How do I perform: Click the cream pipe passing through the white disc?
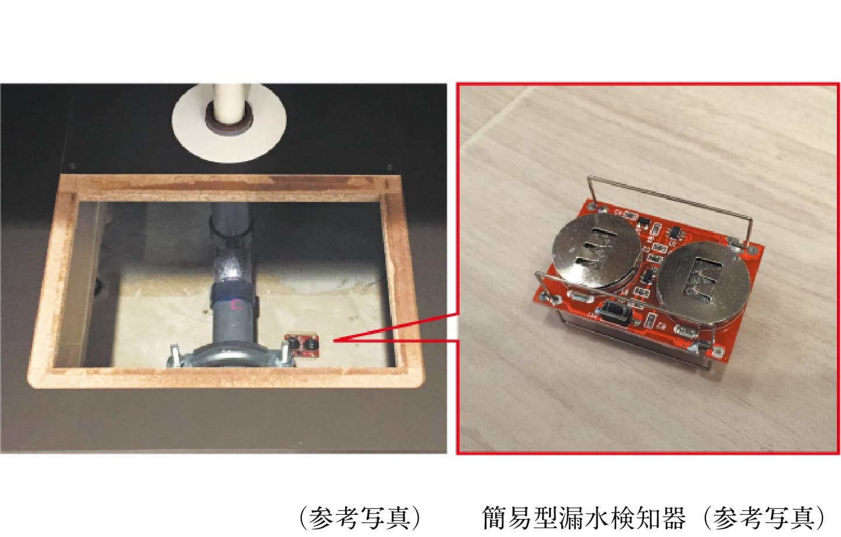(x=229, y=102)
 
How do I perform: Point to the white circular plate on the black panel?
(x=229, y=124)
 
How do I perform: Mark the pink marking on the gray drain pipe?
(x=237, y=304)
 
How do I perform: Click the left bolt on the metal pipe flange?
(x=175, y=354)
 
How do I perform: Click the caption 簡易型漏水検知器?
(x=584, y=518)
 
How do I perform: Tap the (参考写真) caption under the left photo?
(x=360, y=518)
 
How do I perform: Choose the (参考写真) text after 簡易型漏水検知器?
(x=764, y=518)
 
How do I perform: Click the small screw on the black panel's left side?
(x=73, y=166)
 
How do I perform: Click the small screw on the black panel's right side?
(x=390, y=167)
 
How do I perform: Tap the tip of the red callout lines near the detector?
(x=334, y=341)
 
